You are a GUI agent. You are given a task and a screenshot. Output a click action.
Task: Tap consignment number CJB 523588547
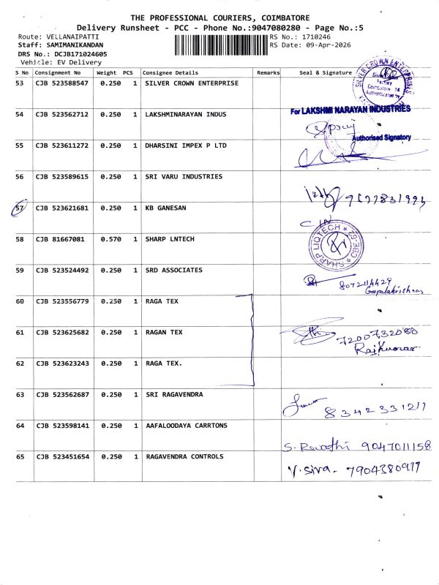click(62, 83)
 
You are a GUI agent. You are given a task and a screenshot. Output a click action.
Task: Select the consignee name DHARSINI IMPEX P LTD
click(187, 146)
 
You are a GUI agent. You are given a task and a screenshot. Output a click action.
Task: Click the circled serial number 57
click(20, 208)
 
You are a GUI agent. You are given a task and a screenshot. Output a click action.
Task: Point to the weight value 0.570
click(110, 239)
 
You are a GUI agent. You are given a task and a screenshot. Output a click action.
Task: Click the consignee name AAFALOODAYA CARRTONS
click(187, 426)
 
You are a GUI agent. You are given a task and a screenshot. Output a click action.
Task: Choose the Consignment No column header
click(58, 73)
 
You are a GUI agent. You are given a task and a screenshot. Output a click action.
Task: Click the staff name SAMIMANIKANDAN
click(77, 45)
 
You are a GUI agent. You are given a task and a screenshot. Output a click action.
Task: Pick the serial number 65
click(20, 456)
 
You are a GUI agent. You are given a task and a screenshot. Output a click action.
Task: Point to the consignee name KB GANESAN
click(166, 208)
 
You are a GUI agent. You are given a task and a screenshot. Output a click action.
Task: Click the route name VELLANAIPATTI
click(72, 36)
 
